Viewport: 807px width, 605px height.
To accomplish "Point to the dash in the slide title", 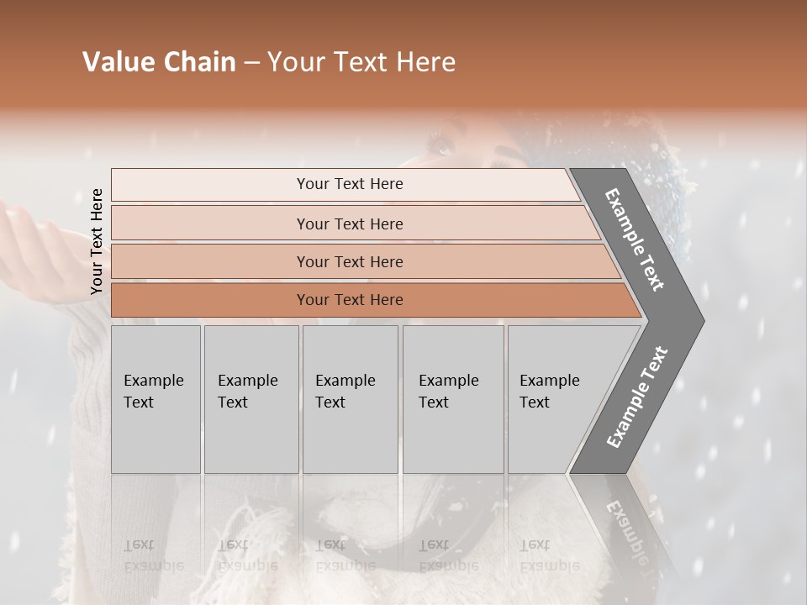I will click(x=251, y=63).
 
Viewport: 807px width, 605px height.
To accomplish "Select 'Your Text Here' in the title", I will click(x=361, y=62).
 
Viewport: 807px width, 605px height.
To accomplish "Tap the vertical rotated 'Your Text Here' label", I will click(x=97, y=241).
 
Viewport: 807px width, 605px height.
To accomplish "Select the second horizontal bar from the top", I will click(x=349, y=224).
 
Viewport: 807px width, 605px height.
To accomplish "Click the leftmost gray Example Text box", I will click(x=156, y=399).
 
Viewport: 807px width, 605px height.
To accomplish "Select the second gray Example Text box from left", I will click(x=251, y=399).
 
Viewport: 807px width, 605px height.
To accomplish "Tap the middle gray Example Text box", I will click(x=350, y=399).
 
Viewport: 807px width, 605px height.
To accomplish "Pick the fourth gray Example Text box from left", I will click(x=453, y=399).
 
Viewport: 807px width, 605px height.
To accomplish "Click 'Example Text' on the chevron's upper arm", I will click(x=635, y=239).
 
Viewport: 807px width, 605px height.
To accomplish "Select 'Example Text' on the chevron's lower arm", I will click(x=637, y=397).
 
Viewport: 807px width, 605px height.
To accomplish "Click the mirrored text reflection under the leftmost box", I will click(x=153, y=555).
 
